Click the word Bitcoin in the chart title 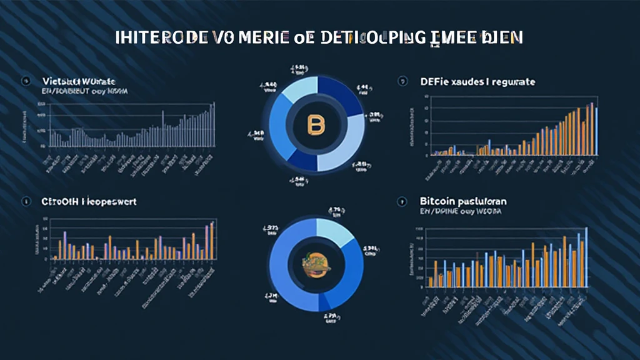click(x=434, y=202)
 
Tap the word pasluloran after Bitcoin click(x=479, y=202)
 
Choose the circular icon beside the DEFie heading click(x=402, y=81)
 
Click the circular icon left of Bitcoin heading click(x=402, y=202)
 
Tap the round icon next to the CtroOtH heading click(x=26, y=202)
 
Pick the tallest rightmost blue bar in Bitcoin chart click(x=586, y=257)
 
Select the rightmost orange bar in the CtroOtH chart click(x=212, y=241)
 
